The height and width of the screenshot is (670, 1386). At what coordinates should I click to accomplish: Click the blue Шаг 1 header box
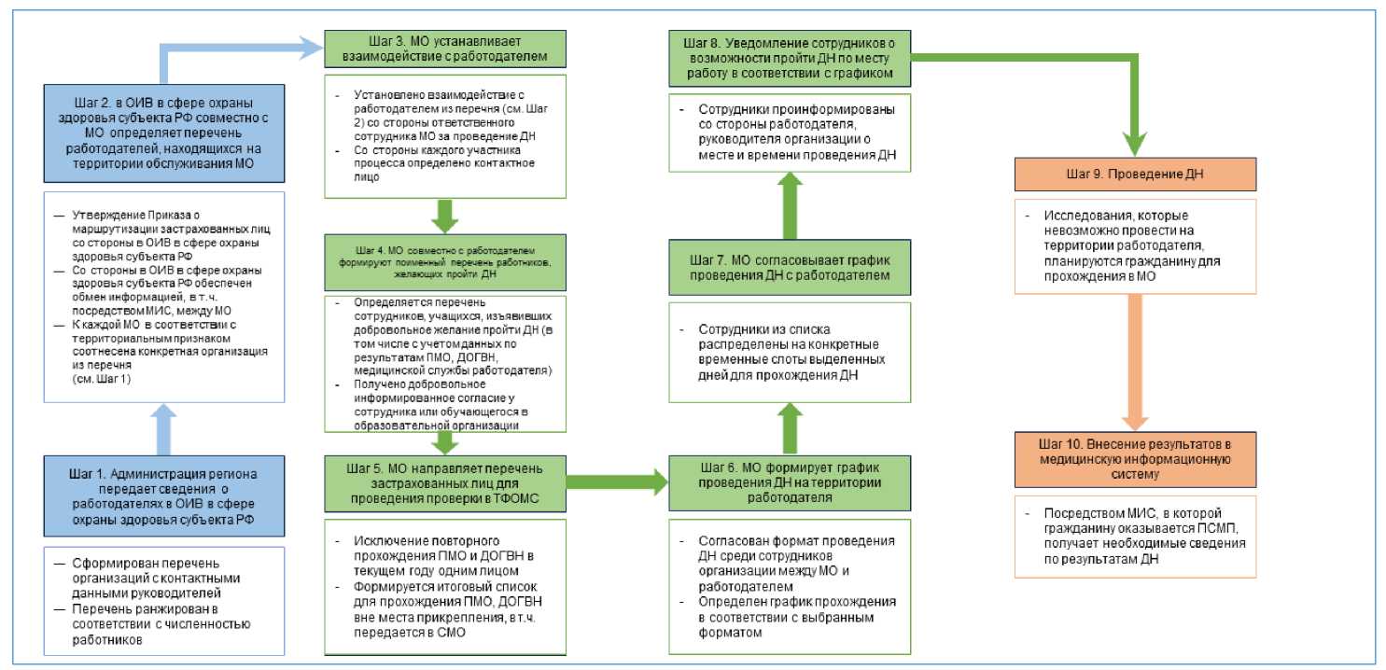[163, 495]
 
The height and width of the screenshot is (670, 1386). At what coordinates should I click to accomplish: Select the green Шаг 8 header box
[789, 59]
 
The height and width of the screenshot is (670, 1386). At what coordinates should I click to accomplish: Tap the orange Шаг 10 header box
[1134, 459]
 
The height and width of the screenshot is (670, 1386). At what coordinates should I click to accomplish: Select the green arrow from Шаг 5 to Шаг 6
[617, 482]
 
